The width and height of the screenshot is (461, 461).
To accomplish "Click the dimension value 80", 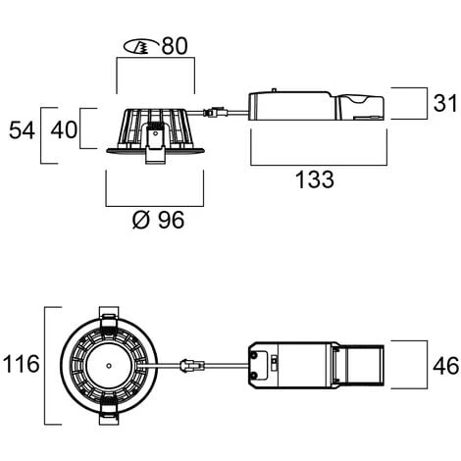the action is pyautogui.click(x=175, y=46).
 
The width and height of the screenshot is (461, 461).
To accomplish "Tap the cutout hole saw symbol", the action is pyautogui.click(x=141, y=46).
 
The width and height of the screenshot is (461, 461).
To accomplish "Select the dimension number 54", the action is pyautogui.click(x=22, y=130).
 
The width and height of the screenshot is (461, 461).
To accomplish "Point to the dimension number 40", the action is pyautogui.click(x=64, y=129).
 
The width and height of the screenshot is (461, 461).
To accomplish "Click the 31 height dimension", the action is pyautogui.click(x=444, y=103).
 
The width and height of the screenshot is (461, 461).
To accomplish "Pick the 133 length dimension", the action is pyautogui.click(x=315, y=179).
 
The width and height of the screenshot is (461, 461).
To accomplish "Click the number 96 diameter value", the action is pyautogui.click(x=171, y=220).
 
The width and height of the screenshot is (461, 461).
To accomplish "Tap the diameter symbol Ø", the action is pyautogui.click(x=141, y=220).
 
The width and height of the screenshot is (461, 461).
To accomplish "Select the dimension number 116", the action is pyautogui.click(x=21, y=364).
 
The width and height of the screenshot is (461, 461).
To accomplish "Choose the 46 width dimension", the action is pyautogui.click(x=446, y=366).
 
